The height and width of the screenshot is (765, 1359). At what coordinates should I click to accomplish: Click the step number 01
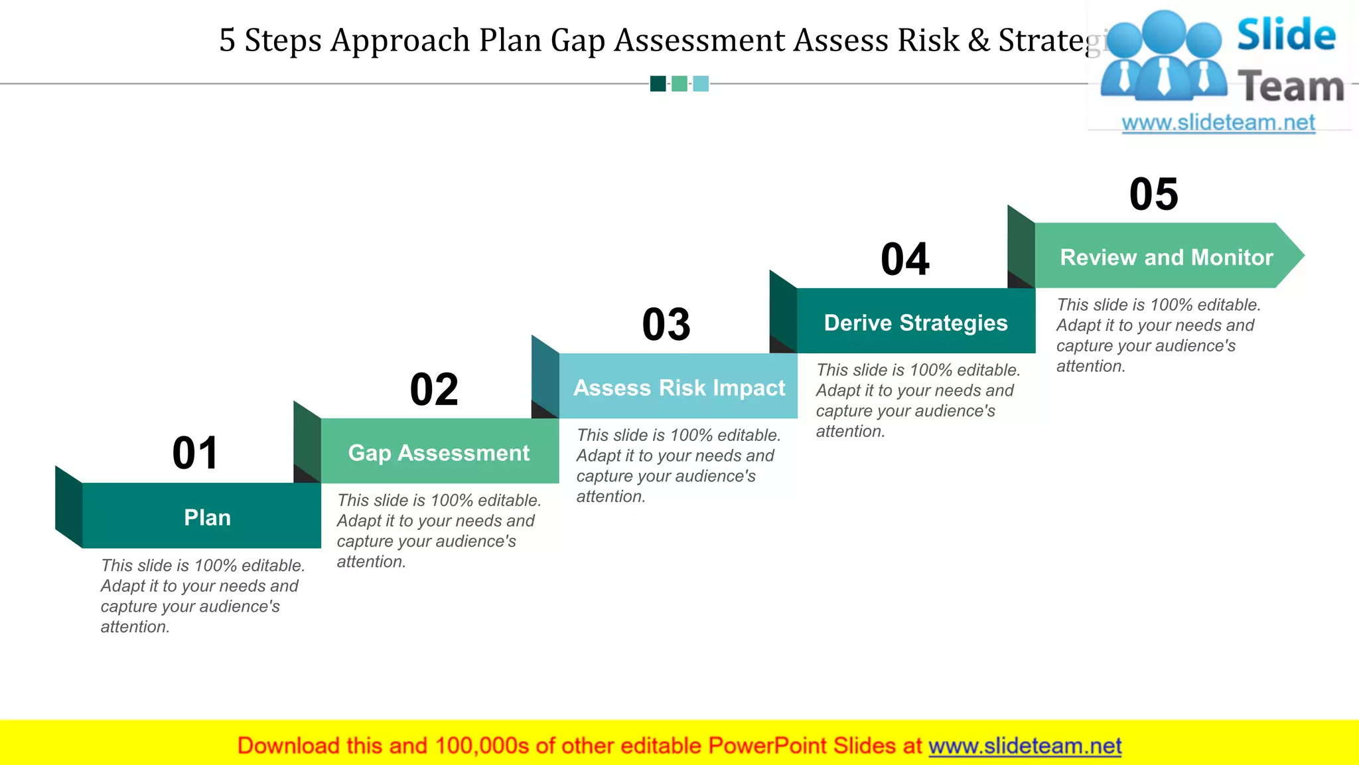pyautogui.click(x=195, y=454)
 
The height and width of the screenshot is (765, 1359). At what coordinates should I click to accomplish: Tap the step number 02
pyautogui.click(x=434, y=389)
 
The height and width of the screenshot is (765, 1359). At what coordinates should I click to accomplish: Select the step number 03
pyautogui.click(x=666, y=325)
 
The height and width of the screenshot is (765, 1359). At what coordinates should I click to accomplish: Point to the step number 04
pyautogui.click(x=905, y=259)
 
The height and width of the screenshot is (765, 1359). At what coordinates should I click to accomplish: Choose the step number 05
pyautogui.click(x=1154, y=195)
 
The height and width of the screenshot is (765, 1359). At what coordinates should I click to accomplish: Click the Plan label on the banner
pyautogui.click(x=207, y=517)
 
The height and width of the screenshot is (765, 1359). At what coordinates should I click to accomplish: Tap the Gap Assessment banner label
pyautogui.click(x=439, y=453)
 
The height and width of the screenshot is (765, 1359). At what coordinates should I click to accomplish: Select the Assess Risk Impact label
pyautogui.click(x=679, y=388)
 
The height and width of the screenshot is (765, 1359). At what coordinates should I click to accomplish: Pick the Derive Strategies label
pyautogui.click(x=916, y=323)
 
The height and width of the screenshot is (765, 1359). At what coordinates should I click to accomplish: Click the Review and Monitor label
pyautogui.click(x=1167, y=257)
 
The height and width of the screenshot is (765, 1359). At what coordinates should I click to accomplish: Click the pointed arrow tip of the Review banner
pyautogui.click(x=1294, y=256)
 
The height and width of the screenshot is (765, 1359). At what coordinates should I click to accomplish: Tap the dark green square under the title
pyautogui.click(x=658, y=84)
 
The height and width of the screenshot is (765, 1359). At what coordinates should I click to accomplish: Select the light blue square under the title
pyautogui.click(x=701, y=84)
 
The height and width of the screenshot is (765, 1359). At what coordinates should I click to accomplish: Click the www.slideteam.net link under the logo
pyautogui.click(x=1218, y=123)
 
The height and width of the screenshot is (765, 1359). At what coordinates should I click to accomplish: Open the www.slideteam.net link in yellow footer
pyautogui.click(x=1025, y=746)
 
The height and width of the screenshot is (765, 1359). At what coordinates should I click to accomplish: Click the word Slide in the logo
pyautogui.click(x=1286, y=35)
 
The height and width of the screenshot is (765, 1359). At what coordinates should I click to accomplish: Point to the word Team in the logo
pyautogui.click(x=1291, y=87)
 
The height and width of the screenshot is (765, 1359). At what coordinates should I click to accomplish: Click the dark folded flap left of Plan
pyautogui.click(x=69, y=507)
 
